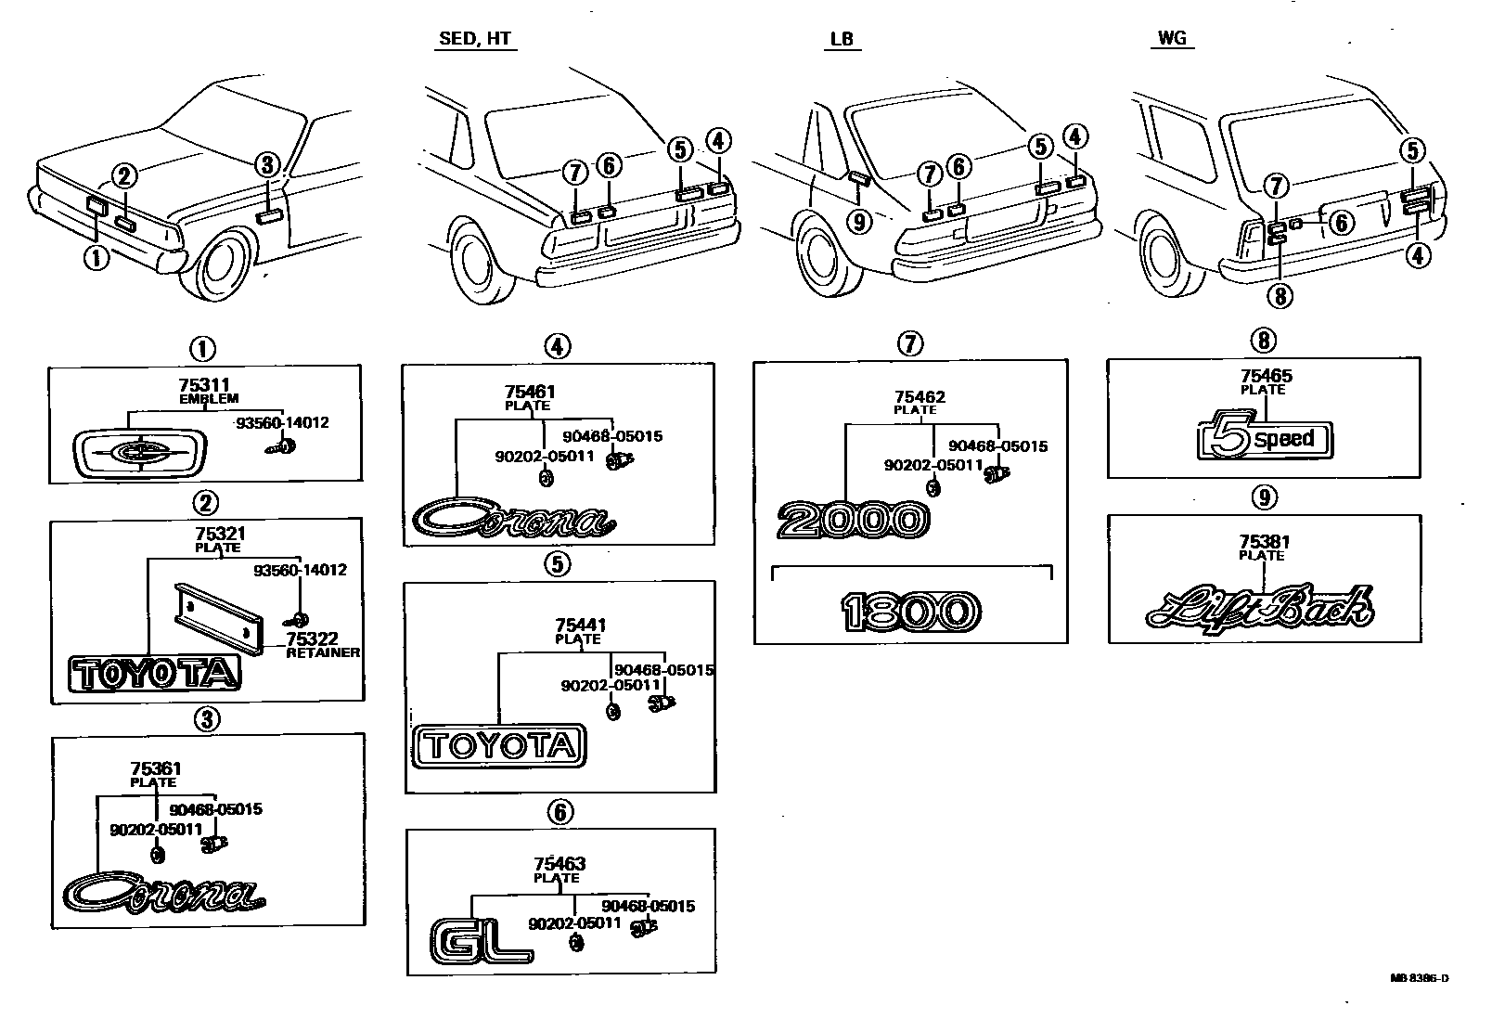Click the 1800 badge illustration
(x=911, y=612)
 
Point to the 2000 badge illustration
(x=853, y=520)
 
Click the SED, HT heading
(x=474, y=39)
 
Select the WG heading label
(x=1173, y=39)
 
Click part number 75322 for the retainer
(x=312, y=639)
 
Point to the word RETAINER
(x=322, y=652)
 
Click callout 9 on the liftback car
(x=860, y=222)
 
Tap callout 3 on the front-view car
(x=267, y=165)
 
